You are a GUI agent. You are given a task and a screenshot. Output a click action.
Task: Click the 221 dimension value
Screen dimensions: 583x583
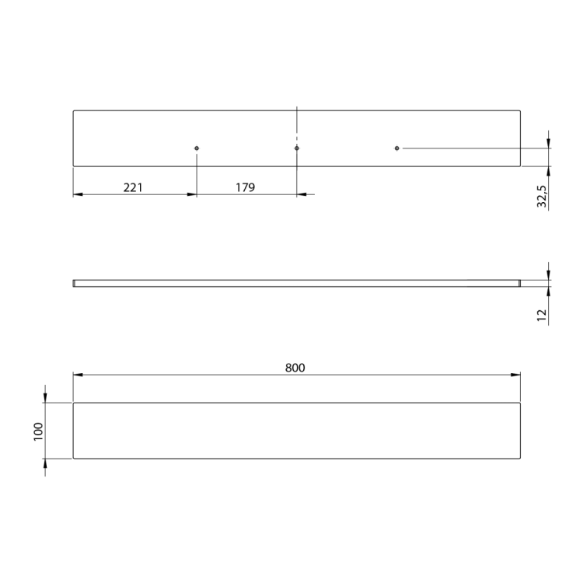click(133, 187)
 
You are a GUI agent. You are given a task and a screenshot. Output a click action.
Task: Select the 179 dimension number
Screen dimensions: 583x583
click(245, 187)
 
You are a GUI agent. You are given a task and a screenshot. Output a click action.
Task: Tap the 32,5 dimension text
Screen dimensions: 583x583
click(542, 197)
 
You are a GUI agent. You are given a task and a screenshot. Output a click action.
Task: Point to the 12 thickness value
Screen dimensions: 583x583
click(542, 315)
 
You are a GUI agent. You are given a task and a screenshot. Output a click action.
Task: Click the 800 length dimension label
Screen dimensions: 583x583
click(295, 368)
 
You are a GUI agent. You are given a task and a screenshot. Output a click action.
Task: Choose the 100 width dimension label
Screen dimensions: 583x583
click(38, 431)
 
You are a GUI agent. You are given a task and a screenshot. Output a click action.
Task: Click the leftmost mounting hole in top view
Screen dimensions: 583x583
click(197, 148)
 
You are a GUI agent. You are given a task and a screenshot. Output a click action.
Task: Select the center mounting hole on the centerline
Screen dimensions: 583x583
click(297, 148)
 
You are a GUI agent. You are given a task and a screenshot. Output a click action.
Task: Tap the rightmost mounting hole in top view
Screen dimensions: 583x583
click(396, 148)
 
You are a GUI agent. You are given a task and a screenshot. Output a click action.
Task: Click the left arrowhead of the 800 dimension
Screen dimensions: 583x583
click(78, 375)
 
